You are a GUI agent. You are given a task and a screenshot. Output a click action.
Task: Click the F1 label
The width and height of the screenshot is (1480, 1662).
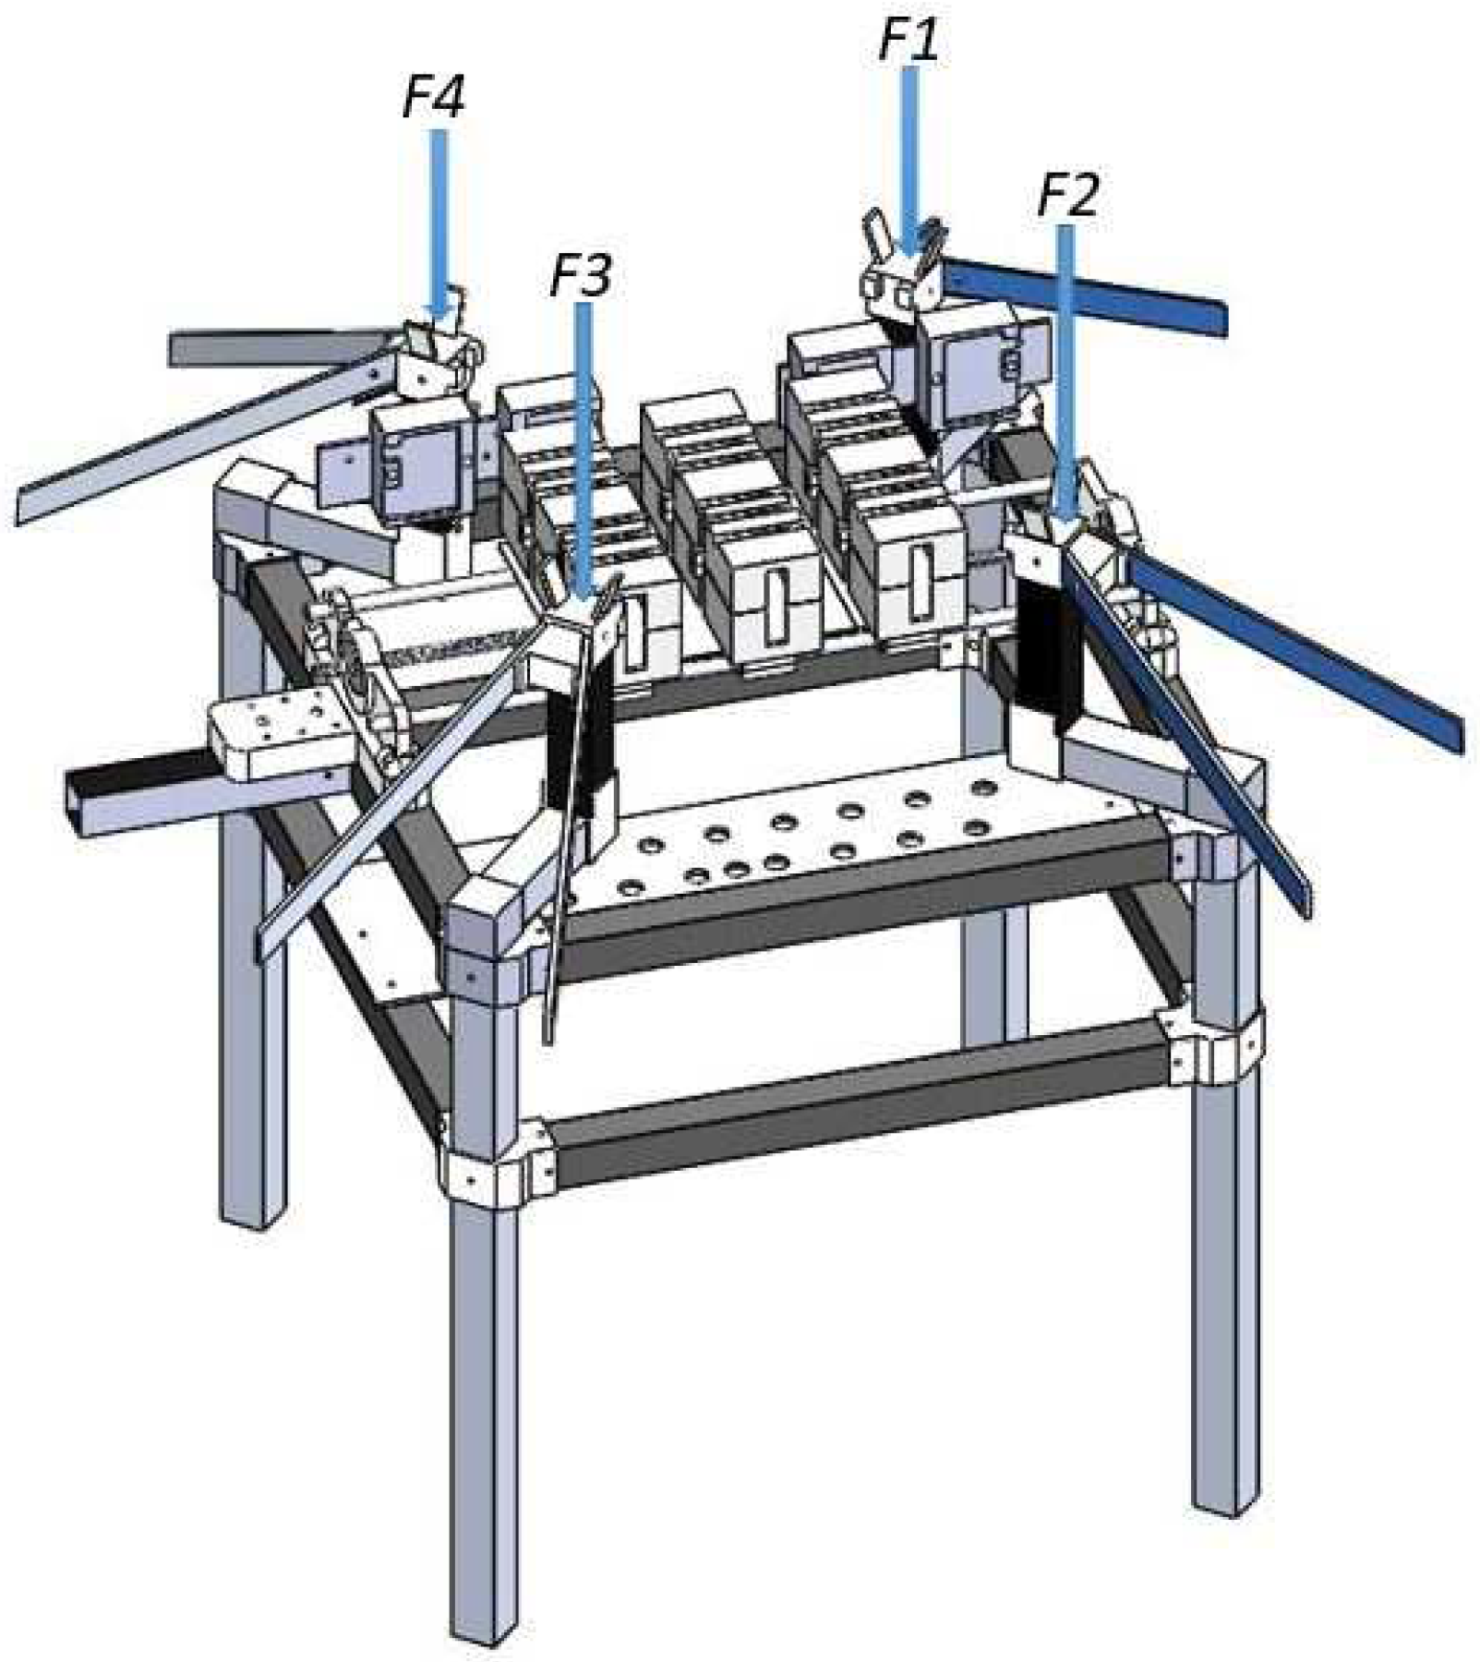point(908,41)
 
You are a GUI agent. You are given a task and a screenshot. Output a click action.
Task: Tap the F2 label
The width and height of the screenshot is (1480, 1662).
point(1068,196)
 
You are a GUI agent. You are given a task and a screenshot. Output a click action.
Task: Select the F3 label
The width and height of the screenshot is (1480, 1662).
point(580,275)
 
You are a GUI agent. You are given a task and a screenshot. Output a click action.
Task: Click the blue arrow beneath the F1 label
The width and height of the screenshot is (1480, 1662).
point(910,163)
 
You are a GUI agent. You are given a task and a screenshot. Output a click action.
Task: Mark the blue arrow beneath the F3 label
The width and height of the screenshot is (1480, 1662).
point(583,449)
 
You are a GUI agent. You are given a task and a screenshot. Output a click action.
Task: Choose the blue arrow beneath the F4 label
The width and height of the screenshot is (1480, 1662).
point(439,223)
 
